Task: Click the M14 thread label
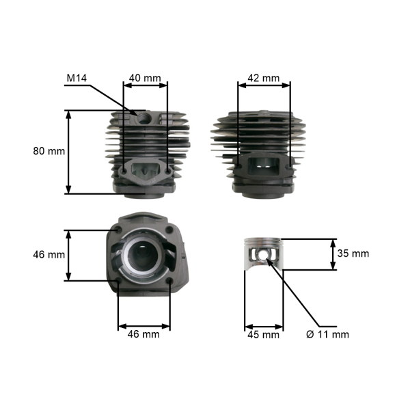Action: tap(77, 78)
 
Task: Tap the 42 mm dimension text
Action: tap(262, 78)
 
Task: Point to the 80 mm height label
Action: tap(49, 151)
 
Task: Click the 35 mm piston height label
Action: tap(353, 254)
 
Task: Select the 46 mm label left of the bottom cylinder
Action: tap(49, 254)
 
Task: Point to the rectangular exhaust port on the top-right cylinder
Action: tap(264, 165)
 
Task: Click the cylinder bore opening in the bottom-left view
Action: tap(144, 258)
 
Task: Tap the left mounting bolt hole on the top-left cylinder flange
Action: tap(123, 167)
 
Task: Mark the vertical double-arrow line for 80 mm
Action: tap(68, 152)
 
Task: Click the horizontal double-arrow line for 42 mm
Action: tap(264, 85)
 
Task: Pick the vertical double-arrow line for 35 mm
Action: tap(333, 254)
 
